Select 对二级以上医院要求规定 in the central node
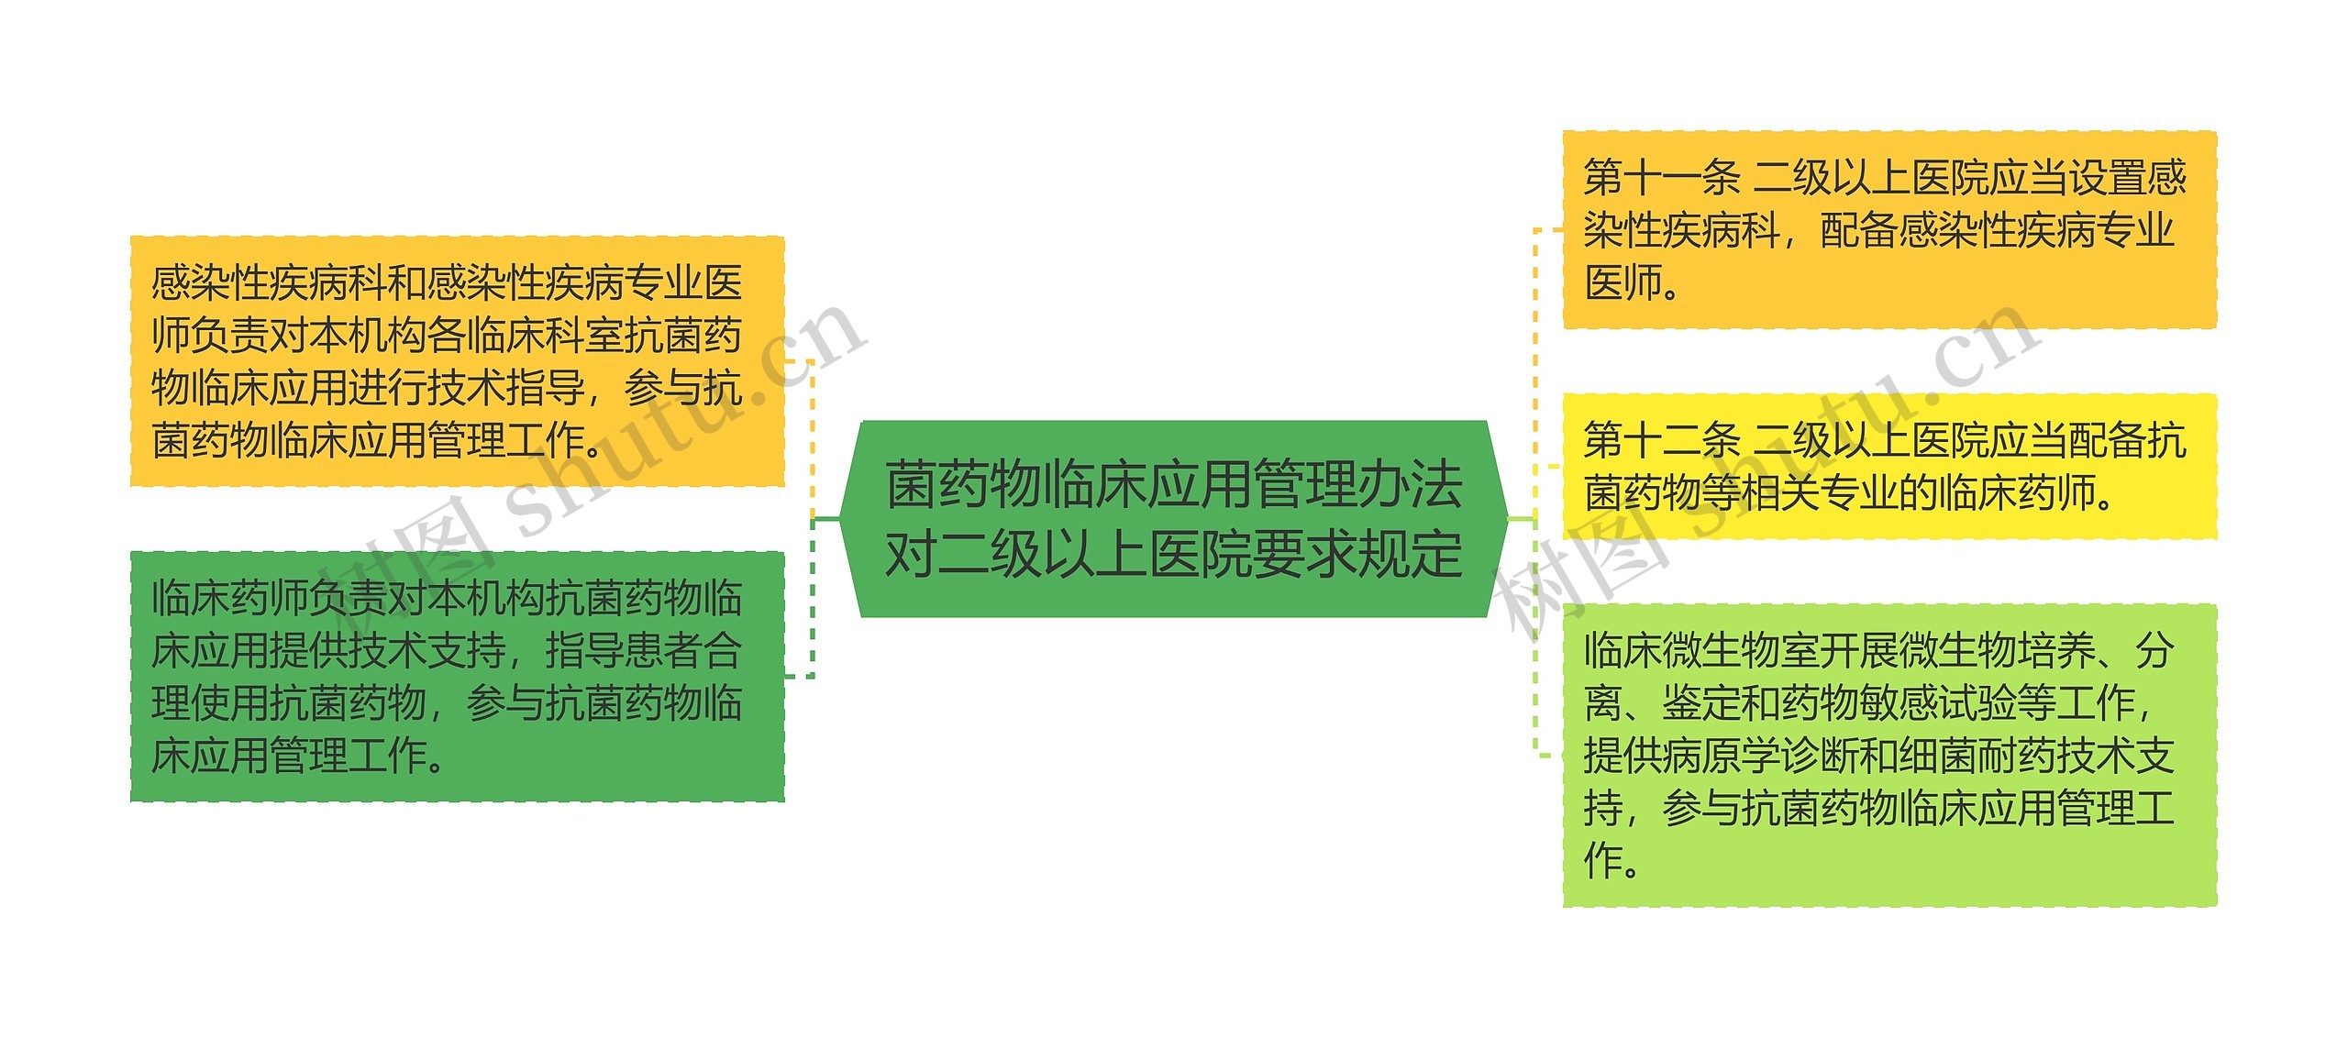(x=1174, y=554)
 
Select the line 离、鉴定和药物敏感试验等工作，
(x=1871, y=703)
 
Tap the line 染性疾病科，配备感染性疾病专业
(x=1878, y=230)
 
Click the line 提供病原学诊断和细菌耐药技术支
(x=1878, y=756)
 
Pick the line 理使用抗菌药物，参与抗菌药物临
(x=447, y=703)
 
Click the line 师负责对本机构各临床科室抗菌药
(x=447, y=336)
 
